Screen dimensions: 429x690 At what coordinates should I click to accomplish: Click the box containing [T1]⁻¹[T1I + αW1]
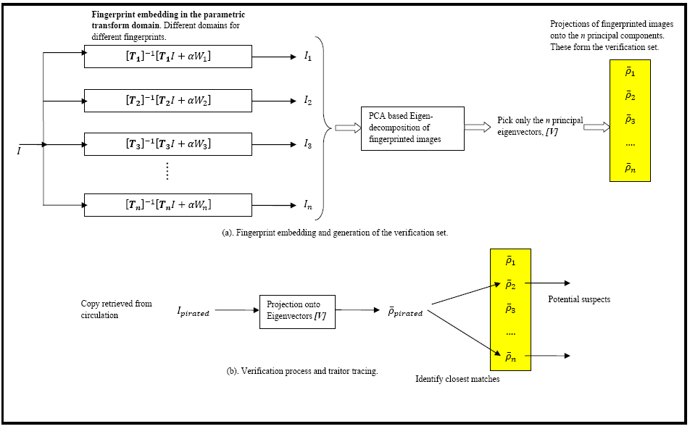click(168, 57)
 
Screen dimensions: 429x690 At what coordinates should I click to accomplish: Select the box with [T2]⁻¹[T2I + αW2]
click(168, 100)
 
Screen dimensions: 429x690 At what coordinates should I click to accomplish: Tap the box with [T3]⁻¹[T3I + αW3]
click(168, 143)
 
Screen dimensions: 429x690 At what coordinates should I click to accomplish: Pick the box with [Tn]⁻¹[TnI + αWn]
click(168, 205)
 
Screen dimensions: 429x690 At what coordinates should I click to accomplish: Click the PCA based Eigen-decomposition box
click(412, 128)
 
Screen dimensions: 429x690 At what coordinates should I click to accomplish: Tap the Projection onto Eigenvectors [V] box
click(297, 311)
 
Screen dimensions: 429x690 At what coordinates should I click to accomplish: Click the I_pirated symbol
click(193, 312)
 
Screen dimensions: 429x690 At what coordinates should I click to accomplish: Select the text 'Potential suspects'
click(578, 299)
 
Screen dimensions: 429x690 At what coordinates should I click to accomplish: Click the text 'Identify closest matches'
click(457, 378)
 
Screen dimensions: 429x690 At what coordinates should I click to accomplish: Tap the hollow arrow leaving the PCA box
click(478, 128)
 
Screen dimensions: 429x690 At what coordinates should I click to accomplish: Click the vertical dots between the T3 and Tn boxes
click(167, 171)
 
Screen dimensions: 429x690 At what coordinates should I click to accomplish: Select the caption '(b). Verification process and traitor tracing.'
click(302, 371)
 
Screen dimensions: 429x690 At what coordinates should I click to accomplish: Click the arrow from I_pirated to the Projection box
click(236, 311)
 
